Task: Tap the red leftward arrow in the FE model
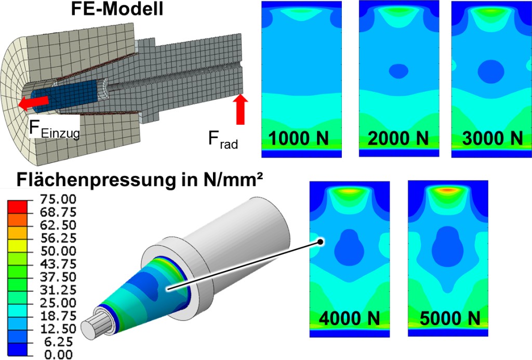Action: click(x=33, y=102)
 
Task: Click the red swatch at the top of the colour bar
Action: click(x=16, y=206)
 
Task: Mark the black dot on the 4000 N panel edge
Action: click(x=322, y=242)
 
